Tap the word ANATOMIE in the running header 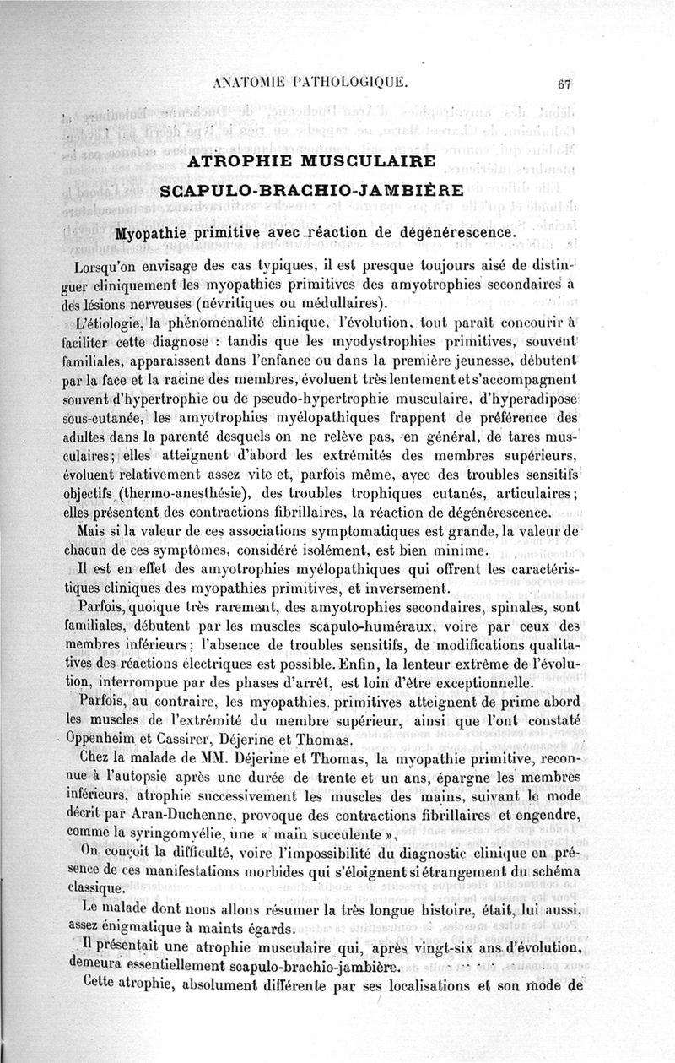[x=251, y=83]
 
